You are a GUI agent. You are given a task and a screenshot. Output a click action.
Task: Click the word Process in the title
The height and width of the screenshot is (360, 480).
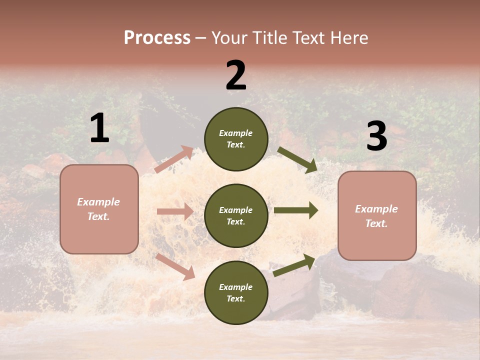tap(157, 38)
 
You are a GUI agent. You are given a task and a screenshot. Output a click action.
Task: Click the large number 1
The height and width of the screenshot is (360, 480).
tap(99, 129)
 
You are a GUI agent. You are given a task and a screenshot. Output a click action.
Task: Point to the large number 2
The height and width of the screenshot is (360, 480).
tap(236, 75)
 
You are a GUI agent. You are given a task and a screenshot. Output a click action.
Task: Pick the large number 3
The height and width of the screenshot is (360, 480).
tap(376, 137)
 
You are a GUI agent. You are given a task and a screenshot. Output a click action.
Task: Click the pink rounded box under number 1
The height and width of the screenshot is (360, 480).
tap(99, 209)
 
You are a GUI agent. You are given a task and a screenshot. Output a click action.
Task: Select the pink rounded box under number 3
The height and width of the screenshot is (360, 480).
tap(377, 216)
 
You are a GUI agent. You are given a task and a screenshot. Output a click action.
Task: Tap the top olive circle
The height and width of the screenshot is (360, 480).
tap(236, 139)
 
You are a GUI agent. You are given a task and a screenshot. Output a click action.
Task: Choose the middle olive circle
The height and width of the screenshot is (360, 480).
tap(236, 216)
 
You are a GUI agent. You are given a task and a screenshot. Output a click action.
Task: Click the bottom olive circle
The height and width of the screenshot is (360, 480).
tap(236, 293)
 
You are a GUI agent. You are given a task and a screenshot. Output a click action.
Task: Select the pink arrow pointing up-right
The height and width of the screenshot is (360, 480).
tap(174, 159)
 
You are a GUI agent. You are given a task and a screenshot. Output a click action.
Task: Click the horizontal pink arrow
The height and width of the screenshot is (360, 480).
tap(175, 211)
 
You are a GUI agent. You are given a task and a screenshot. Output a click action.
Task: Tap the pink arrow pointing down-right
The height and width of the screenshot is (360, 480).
tap(175, 266)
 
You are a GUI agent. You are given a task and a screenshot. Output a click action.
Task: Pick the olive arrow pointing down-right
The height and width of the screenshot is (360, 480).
tap(297, 160)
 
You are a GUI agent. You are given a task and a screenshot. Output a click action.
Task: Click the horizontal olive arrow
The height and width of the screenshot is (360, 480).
tap(296, 210)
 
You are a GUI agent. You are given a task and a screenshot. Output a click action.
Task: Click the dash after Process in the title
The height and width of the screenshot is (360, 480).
tap(201, 38)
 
